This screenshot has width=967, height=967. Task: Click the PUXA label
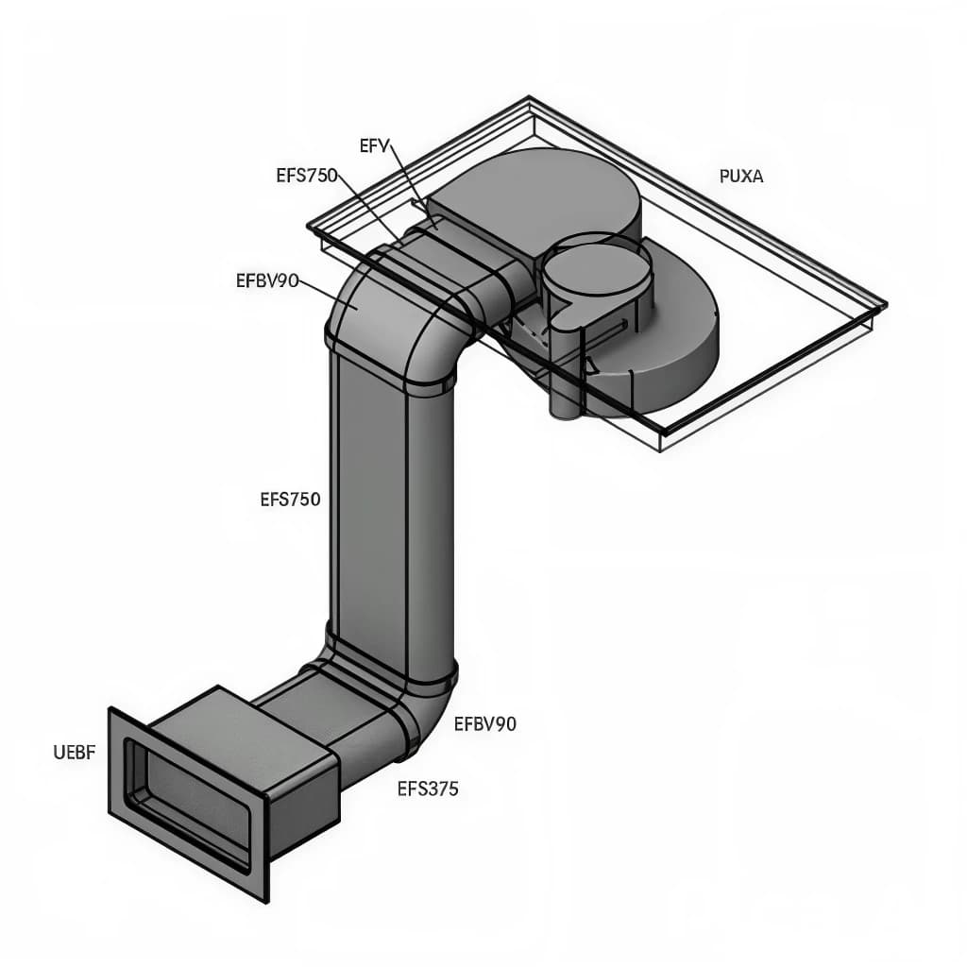click(x=741, y=176)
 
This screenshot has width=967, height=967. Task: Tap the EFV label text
click(x=375, y=144)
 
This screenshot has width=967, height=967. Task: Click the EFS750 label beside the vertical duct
click(x=290, y=500)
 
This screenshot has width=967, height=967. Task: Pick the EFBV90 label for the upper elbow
click(x=267, y=280)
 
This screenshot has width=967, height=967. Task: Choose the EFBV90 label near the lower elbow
click(x=485, y=724)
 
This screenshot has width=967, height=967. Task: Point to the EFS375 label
click(x=428, y=789)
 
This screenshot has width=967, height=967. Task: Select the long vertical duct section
click(x=392, y=510)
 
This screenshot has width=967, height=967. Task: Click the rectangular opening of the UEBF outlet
click(x=189, y=803)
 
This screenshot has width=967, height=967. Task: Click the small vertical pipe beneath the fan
click(x=565, y=392)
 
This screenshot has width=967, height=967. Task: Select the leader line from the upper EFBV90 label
click(x=326, y=291)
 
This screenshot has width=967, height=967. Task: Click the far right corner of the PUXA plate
click(x=884, y=306)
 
